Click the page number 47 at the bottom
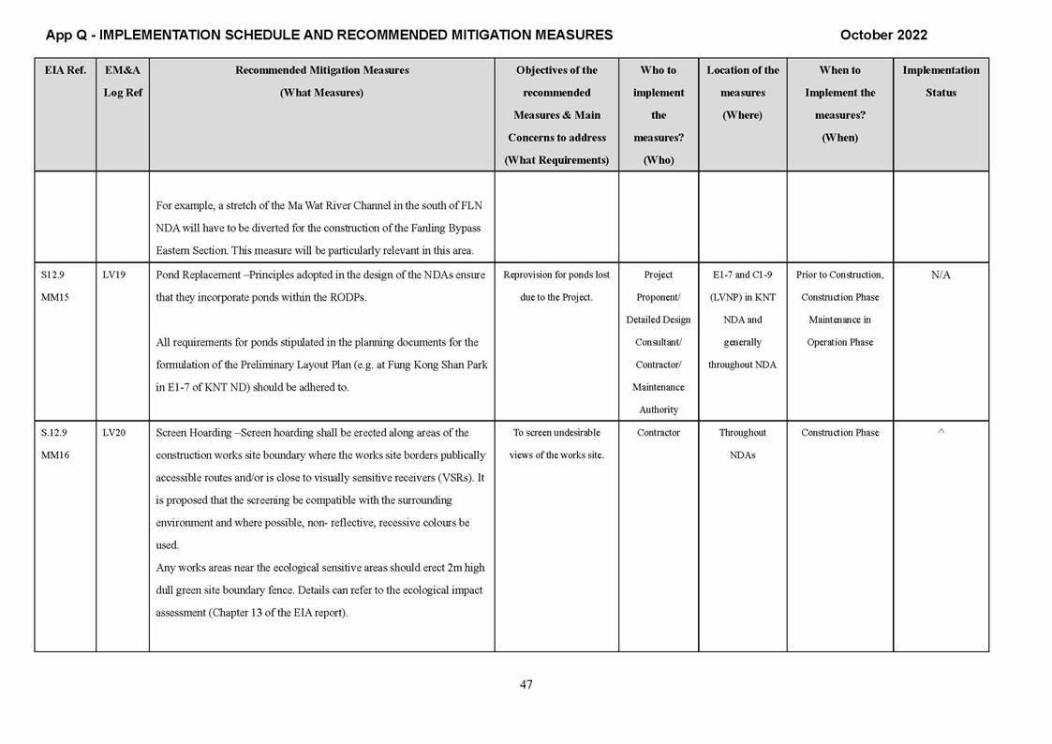click(x=526, y=685)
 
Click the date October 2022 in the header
click(x=883, y=36)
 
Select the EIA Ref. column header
click(x=65, y=70)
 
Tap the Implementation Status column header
click(x=941, y=82)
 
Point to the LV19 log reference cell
click(x=114, y=275)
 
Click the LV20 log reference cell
click(x=114, y=433)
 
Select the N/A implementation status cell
click(x=941, y=275)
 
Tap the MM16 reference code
click(x=56, y=455)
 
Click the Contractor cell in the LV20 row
click(x=659, y=433)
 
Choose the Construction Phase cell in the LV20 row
click(x=840, y=433)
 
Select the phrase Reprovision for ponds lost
click(x=556, y=275)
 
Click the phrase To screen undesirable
click(x=556, y=433)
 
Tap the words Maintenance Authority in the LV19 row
click(x=659, y=398)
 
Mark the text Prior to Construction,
click(x=839, y=275)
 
